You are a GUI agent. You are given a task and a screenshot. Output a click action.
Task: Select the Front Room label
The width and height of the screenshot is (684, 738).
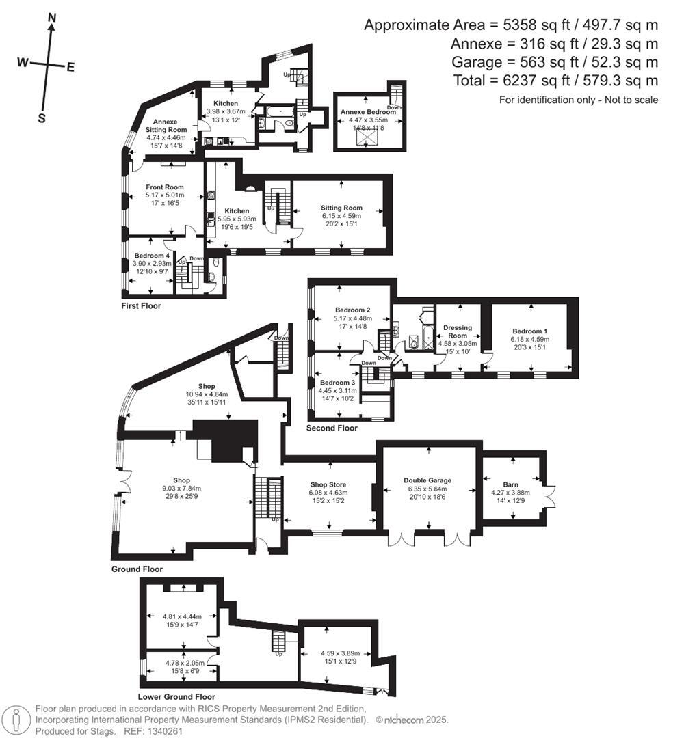pyautogui.click(x=165, y=187)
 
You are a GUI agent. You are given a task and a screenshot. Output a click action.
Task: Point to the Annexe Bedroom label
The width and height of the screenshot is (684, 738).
pyautogui.click(x=369, y=111)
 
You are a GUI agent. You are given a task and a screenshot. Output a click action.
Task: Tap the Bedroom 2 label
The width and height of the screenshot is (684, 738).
pyautogui.click(x=352, y=309)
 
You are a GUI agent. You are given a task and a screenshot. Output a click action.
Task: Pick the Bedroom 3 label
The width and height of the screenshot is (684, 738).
pyautogui.click(x=337, y=382)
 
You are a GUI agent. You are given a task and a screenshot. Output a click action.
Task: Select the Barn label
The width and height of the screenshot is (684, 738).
pyautogui.click(x=510, y=484)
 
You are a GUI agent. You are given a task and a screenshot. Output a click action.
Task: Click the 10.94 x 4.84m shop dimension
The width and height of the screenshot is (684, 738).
pyautogui.click(x=206, y=394)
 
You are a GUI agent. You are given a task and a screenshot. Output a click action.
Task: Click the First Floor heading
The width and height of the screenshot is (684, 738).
pyautogui.click(x=141, y=305)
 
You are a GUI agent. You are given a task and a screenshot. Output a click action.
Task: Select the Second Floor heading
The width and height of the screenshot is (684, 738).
pyautogui.click(x=332, y=428)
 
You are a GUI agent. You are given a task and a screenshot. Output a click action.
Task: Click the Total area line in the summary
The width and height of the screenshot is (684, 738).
pyautogui.click(x=555, y=81)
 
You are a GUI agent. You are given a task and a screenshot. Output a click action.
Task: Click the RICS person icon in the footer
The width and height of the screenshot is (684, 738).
pyautogui.click(x=16, y=719)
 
